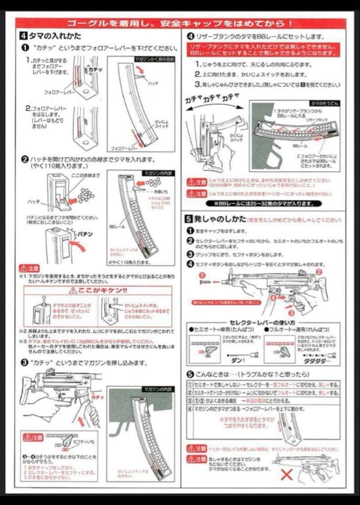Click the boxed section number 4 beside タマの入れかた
pos(23,36)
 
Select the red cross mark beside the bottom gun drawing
pos(286,474)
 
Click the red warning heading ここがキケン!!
pos(98,290)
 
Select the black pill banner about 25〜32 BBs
pos(264,203)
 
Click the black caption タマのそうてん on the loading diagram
pos(323,103)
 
